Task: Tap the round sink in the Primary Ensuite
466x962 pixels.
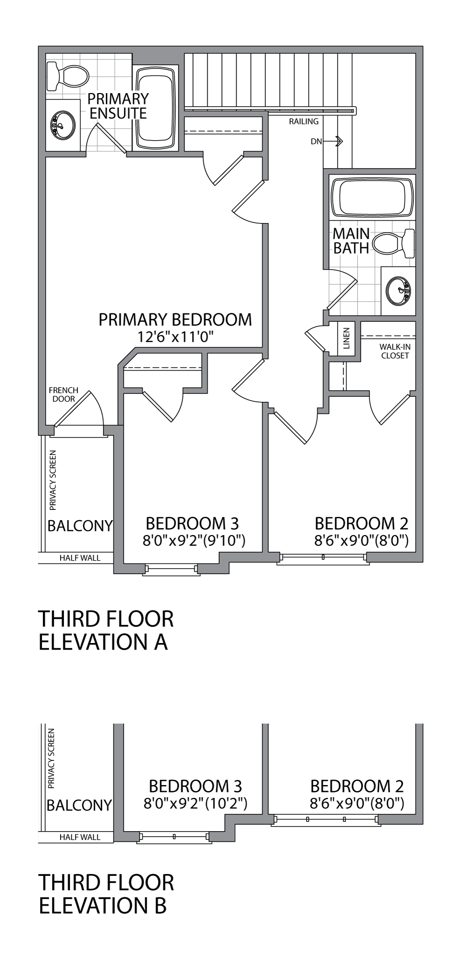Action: [62, 125]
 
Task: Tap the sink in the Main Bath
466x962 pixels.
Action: [398, 291]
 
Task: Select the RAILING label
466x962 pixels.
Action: [303, 122]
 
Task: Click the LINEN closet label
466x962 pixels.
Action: [346, 339]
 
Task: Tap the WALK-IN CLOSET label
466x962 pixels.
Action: [394, 351]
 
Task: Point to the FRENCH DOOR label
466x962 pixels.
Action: [63, 394]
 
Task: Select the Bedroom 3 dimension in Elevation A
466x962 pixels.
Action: [194, 541]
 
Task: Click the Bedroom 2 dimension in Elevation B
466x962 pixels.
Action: [356, 803]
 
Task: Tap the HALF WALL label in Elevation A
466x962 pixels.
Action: [80, 558]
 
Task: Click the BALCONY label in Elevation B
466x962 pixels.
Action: [79, 805]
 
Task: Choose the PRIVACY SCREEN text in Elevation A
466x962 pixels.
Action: [53, 480]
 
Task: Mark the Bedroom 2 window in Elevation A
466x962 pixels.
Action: [323, 557]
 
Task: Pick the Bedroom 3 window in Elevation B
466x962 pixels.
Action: [174, 837]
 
